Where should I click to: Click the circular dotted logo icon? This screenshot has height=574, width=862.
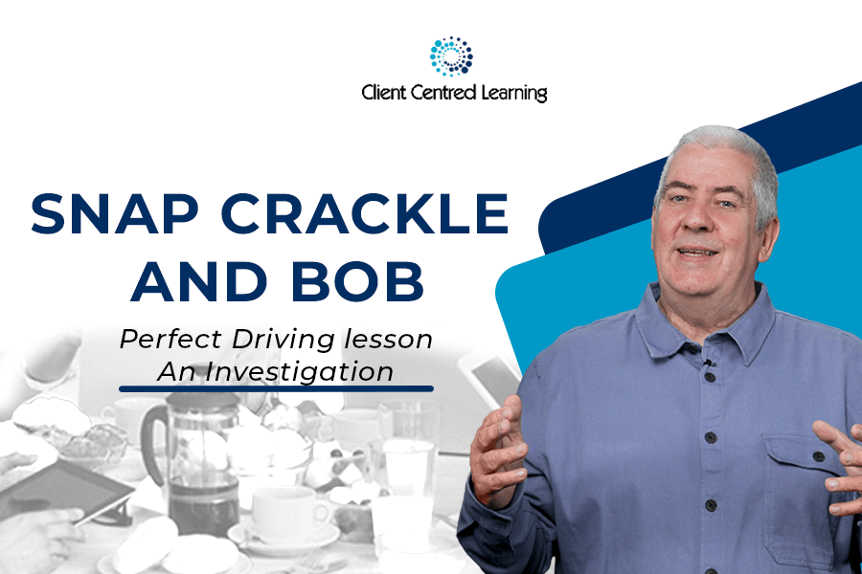click(451, 56)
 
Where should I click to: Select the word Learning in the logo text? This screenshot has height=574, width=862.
click(514, 94)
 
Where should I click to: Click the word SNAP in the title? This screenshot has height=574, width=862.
click(114, 213)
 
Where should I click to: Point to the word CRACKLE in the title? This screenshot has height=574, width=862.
click(365, 213)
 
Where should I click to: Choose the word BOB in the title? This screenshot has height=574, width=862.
click(358, 281)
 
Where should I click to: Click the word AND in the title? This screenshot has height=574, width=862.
click(198, 281)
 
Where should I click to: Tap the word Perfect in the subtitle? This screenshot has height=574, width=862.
click(170, 339)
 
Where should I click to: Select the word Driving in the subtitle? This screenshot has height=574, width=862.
click(284, 340)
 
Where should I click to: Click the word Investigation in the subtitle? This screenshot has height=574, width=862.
click(299, 372)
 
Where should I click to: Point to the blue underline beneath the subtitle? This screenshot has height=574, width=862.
click(276, 389)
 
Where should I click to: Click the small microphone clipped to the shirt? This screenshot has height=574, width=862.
click(708, 363)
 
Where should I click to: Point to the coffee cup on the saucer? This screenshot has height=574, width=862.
click(284, 514)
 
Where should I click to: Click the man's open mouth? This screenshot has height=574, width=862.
click(697, 253)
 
